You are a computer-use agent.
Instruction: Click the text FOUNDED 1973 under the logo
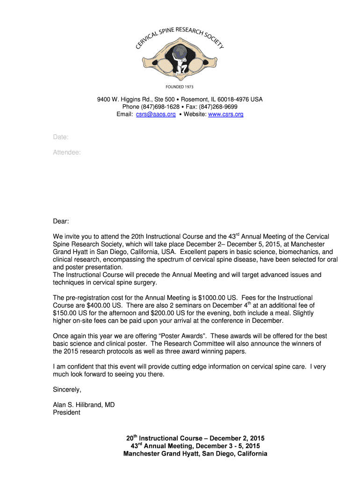tap(180, 87)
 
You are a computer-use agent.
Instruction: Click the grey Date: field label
tap(61, 137)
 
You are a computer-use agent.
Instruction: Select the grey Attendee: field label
tap(67, 152)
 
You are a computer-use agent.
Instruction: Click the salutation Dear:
tap(61, 221)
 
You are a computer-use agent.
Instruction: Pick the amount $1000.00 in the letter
tap(214, 298)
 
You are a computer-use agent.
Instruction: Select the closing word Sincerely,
tap(67, 390)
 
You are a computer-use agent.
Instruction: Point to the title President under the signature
tap(66, 413)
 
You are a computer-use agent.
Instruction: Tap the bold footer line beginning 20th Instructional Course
tap(195, 438)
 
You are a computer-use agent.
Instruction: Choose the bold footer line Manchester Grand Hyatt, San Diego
tap(195, 454)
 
